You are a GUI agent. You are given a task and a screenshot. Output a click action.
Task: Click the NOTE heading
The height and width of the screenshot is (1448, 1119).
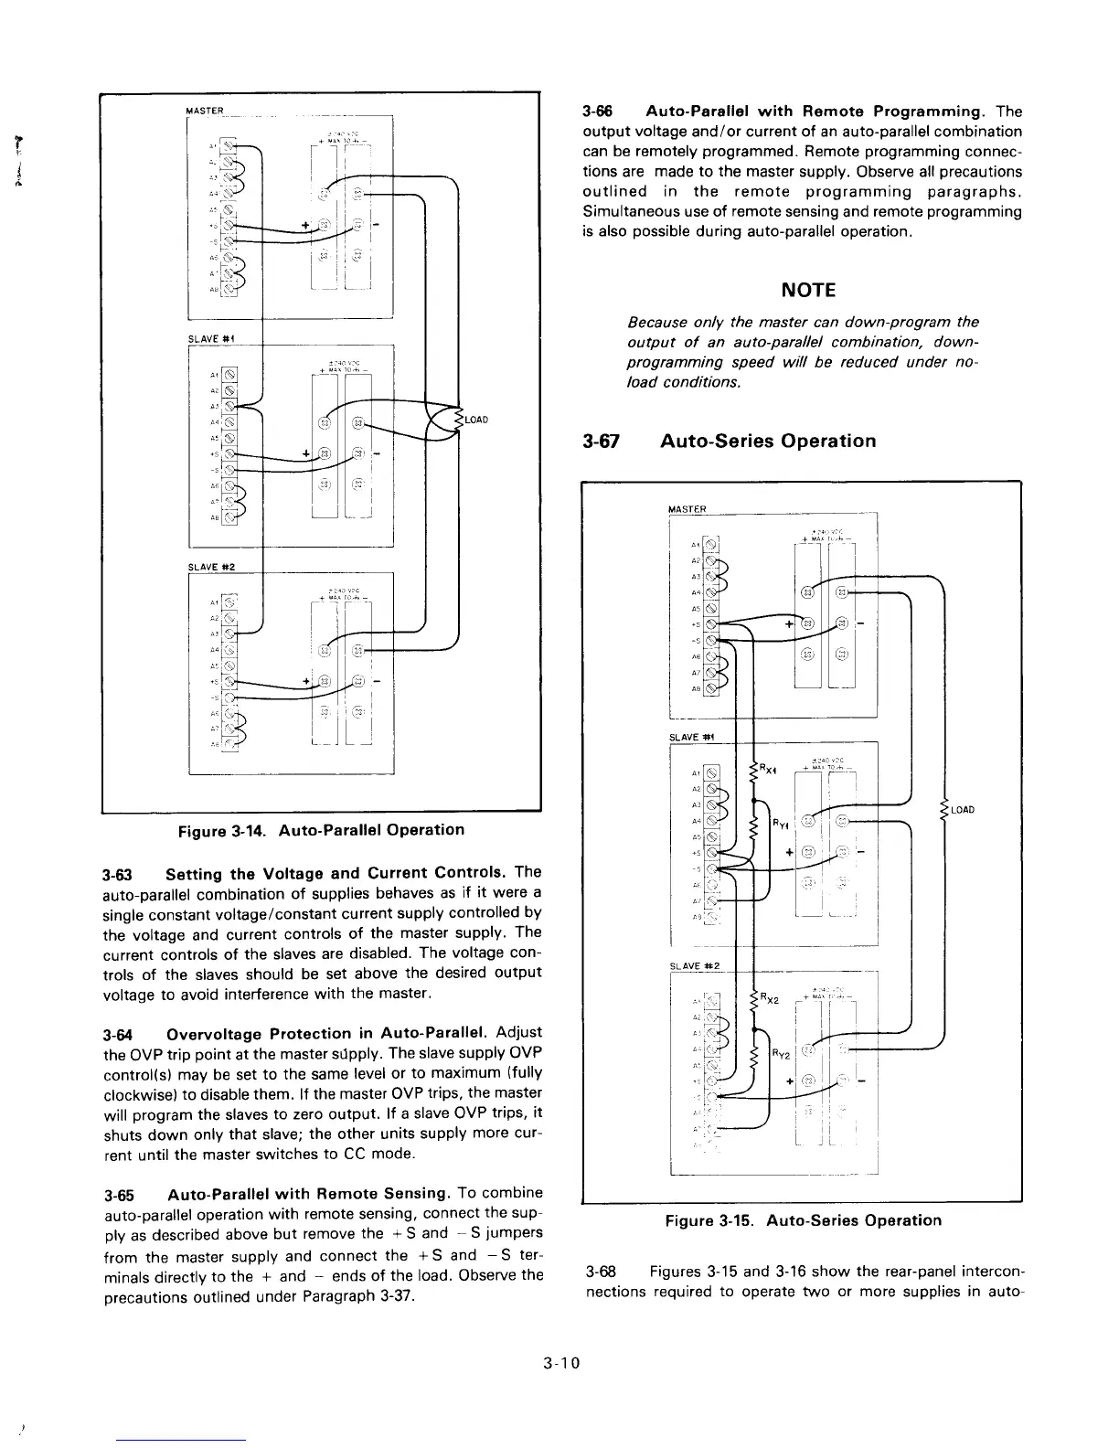(808, 291)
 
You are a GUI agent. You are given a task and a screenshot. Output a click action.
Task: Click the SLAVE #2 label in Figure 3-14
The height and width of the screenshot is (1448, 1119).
(212, 567)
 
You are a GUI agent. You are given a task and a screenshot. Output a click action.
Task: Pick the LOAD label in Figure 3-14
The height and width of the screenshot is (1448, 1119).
(477, 421)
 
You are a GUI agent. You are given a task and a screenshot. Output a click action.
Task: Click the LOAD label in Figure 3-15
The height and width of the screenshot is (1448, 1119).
(962, 810)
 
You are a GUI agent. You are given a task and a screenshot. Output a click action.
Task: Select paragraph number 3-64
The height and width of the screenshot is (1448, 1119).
(119, 1034)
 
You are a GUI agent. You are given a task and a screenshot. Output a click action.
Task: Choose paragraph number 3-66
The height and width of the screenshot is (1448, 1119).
(597, 112)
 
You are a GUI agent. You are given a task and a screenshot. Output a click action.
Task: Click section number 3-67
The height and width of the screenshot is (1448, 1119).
(602, 442)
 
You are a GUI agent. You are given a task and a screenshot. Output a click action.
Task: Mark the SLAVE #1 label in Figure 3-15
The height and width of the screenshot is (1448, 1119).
(692, 737)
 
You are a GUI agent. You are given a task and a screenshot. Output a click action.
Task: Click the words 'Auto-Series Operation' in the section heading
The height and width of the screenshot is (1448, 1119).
(768, 442)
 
